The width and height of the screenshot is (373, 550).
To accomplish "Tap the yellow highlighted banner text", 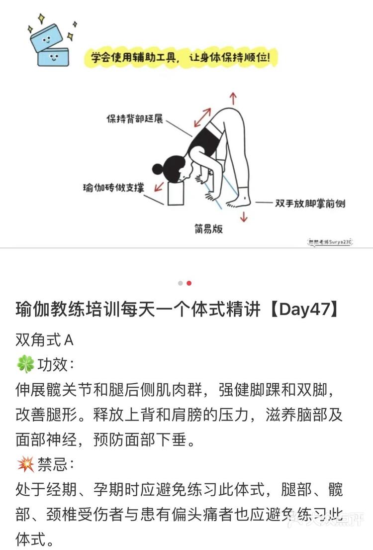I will pos(180,58).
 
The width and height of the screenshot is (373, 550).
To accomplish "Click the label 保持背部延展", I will pos(135,119).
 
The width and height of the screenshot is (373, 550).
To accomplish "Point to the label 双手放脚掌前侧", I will pos(310,203).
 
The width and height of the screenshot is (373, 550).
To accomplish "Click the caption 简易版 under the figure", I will pos(208,229).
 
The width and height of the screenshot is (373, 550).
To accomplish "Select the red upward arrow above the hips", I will pos(233,98).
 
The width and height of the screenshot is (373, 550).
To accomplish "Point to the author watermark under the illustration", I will pos(330,241).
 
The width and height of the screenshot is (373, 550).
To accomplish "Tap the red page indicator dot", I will pos(189,283).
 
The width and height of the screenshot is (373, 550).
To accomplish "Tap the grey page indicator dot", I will pos(180,283).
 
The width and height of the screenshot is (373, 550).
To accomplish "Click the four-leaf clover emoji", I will pos(25,365).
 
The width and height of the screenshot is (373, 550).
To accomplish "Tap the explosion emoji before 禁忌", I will pos(25,465).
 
